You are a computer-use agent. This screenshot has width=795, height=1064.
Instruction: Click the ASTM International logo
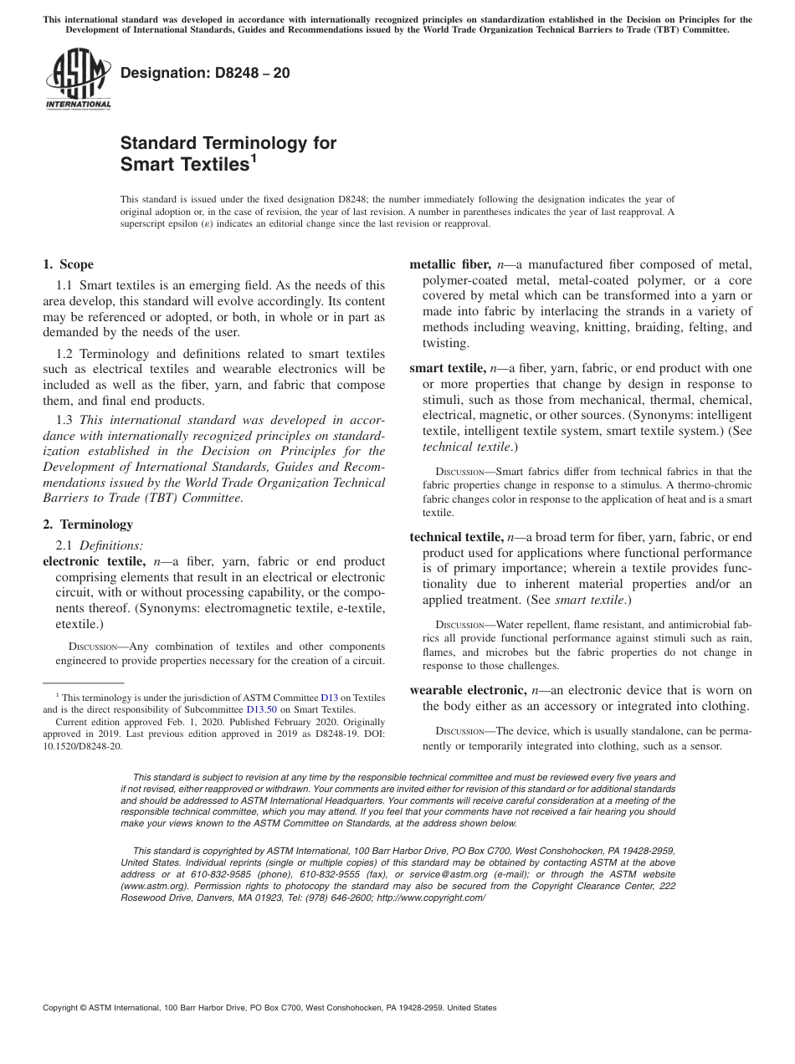point(78,79)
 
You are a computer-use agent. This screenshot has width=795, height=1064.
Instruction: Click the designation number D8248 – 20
point(205,73)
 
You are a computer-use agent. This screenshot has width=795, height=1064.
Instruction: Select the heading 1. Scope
point(69,264)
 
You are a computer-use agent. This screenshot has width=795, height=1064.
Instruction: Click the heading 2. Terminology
point(87,524)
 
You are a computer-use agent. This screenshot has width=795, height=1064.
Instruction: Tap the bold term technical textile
point(456,537)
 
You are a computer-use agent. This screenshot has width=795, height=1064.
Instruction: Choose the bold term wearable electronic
point(468,690)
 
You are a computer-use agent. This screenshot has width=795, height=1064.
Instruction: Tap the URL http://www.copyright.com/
point(430,898)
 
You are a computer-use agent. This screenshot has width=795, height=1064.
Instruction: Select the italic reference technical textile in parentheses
point(466,447)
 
